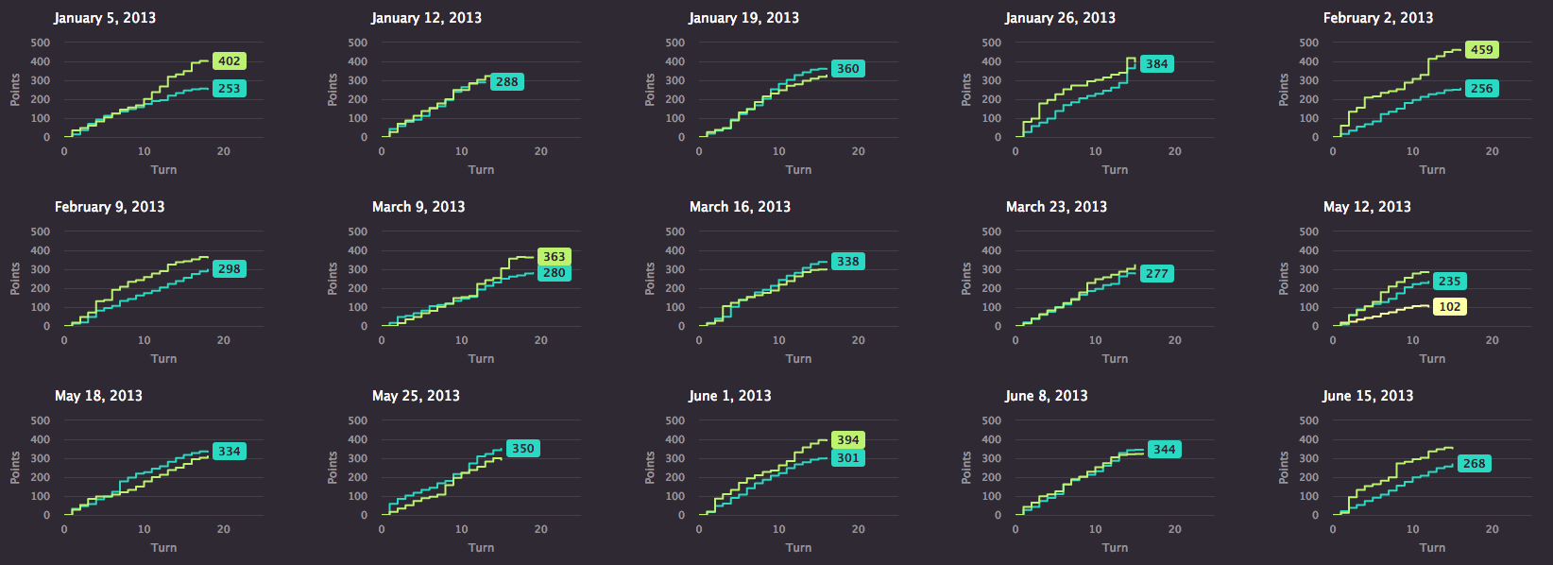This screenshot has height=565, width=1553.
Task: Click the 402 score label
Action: click(229, 61)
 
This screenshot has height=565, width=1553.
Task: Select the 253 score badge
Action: click(229, 89)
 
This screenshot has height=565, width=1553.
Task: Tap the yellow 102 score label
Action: click(1449, 307)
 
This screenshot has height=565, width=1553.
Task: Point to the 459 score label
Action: click(1481, 50)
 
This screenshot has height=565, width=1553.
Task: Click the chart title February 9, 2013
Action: click(110, 207)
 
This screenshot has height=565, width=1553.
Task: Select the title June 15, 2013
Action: click(1367, 396)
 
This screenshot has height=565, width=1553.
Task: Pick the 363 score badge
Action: click(554, 256)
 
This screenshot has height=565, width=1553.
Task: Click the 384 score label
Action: click(1157, 64)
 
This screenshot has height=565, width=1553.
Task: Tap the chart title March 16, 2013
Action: click(740, 207)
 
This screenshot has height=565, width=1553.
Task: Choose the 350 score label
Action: click(522, 449)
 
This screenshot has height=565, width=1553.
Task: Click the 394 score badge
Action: click(848, 439)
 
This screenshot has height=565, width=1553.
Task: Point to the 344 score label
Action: click(1164, 449)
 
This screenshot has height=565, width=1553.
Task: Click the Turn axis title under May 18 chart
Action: click(163, 548)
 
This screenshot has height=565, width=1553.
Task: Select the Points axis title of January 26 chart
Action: click(966, 90)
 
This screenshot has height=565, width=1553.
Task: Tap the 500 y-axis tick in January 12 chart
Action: click(358, 43)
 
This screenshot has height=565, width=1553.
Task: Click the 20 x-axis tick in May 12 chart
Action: click(1492, 340)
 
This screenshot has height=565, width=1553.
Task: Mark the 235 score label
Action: click(1449, 282)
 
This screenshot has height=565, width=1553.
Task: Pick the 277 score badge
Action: click(1157, 274)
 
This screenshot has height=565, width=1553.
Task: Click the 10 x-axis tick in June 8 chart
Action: click(1095, 530)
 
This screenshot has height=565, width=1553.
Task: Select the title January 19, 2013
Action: click(743, 18)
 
